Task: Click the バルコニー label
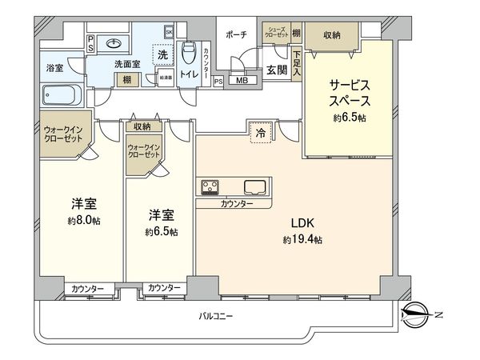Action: click(215, 317)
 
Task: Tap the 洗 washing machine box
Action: click(162, 57)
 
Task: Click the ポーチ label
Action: click(237, 34)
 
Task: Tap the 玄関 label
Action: click(276, 70)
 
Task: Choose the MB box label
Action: click(242, 80)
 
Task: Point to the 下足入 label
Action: click(297, 64)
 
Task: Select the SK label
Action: click(169, 31)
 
